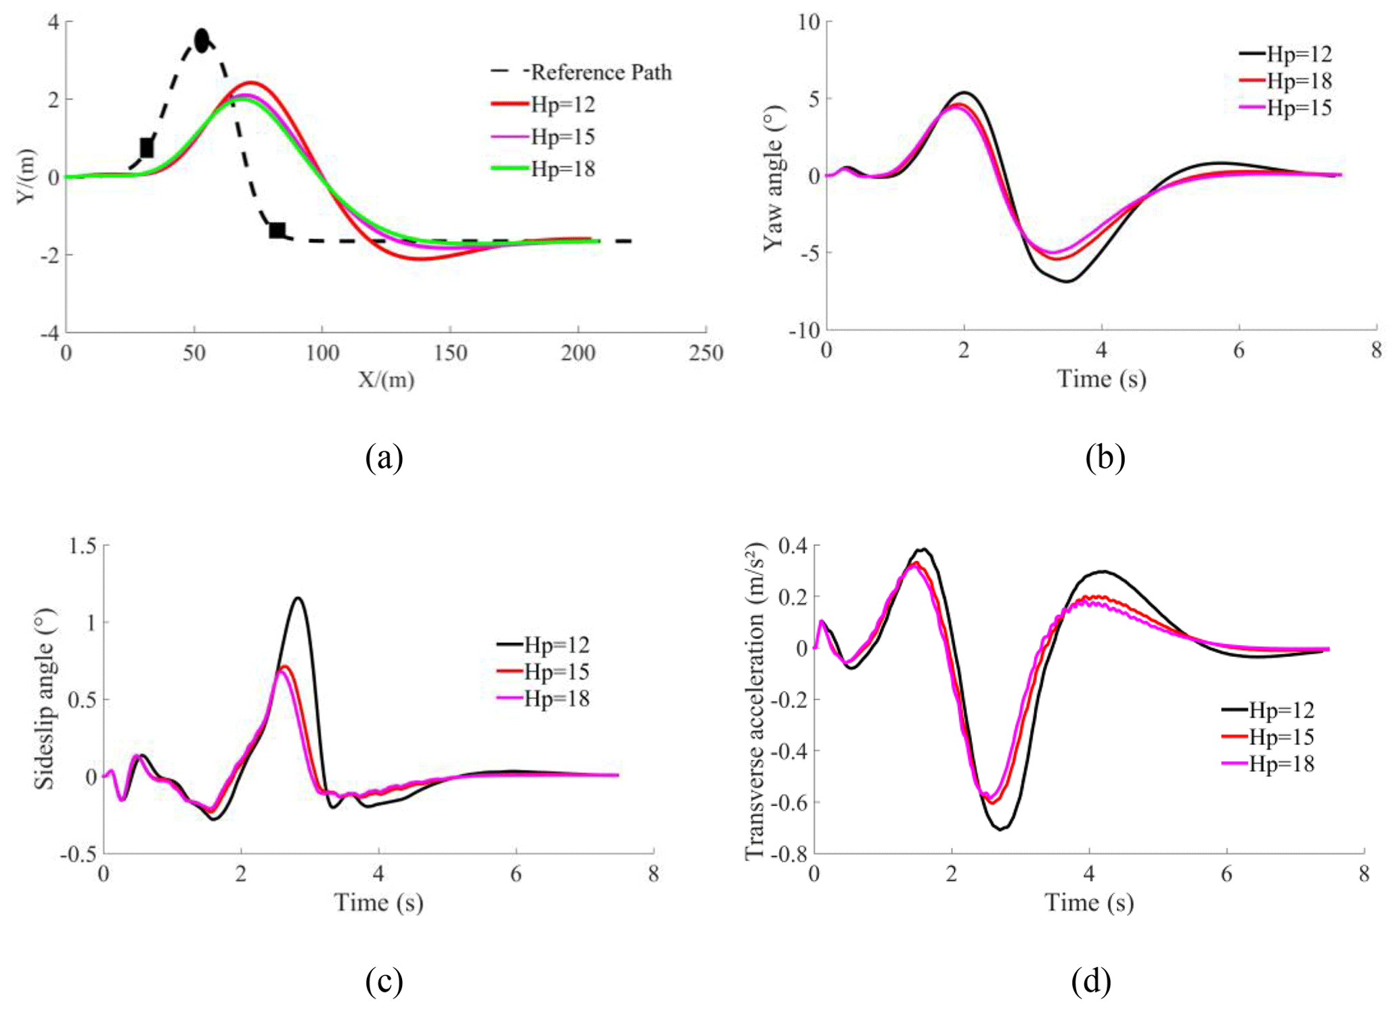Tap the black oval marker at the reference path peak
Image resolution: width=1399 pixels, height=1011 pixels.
pyautogui.click(x=202, y=41)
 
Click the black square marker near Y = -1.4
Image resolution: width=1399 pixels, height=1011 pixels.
pyautogui.click(x=277, y=230)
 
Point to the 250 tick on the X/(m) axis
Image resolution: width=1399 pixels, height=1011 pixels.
pyautogui.click(x=706, y=353)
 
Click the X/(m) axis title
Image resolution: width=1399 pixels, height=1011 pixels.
pyautogui.click(x=386, y=380)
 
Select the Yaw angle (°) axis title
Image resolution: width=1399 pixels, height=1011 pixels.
pyautogui.click(x=773, y=177)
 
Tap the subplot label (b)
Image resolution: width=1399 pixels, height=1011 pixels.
pyautogui.click(x=1105, y=458)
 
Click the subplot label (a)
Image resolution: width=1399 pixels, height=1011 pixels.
pyautogui.click(x=384, y=458)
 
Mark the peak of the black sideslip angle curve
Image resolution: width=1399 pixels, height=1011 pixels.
pyautogui.click(x=297, y=598)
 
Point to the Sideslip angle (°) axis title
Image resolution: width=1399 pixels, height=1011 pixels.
pyautogui.click(x=45, y=699)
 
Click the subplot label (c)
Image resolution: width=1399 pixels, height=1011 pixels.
pyautogui.click(x=384, y=982)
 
